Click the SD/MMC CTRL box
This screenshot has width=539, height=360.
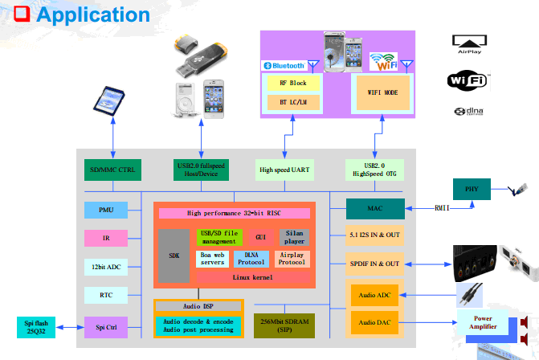[x=113, y=170]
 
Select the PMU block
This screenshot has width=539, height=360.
[x=105, y=211]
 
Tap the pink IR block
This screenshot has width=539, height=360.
[x=105, y=238]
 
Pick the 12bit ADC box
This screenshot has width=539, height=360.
[x=105, y=266]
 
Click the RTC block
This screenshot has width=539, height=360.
[x=105, y=295]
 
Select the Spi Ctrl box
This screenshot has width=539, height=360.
[x=105, y=326]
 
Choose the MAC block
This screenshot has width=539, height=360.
[x=375, y=209]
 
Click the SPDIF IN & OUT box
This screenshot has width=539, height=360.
[x=375, y=264]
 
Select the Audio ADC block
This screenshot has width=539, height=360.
[x=374, y=295]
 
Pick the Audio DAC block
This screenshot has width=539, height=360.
[x=374, y=323]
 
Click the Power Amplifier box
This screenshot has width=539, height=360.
[x=484, y=323]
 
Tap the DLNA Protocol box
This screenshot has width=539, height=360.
[x=251, y=258]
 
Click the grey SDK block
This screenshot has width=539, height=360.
[x=174, y=256]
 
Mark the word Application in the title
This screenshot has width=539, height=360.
[x=93, y=14]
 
